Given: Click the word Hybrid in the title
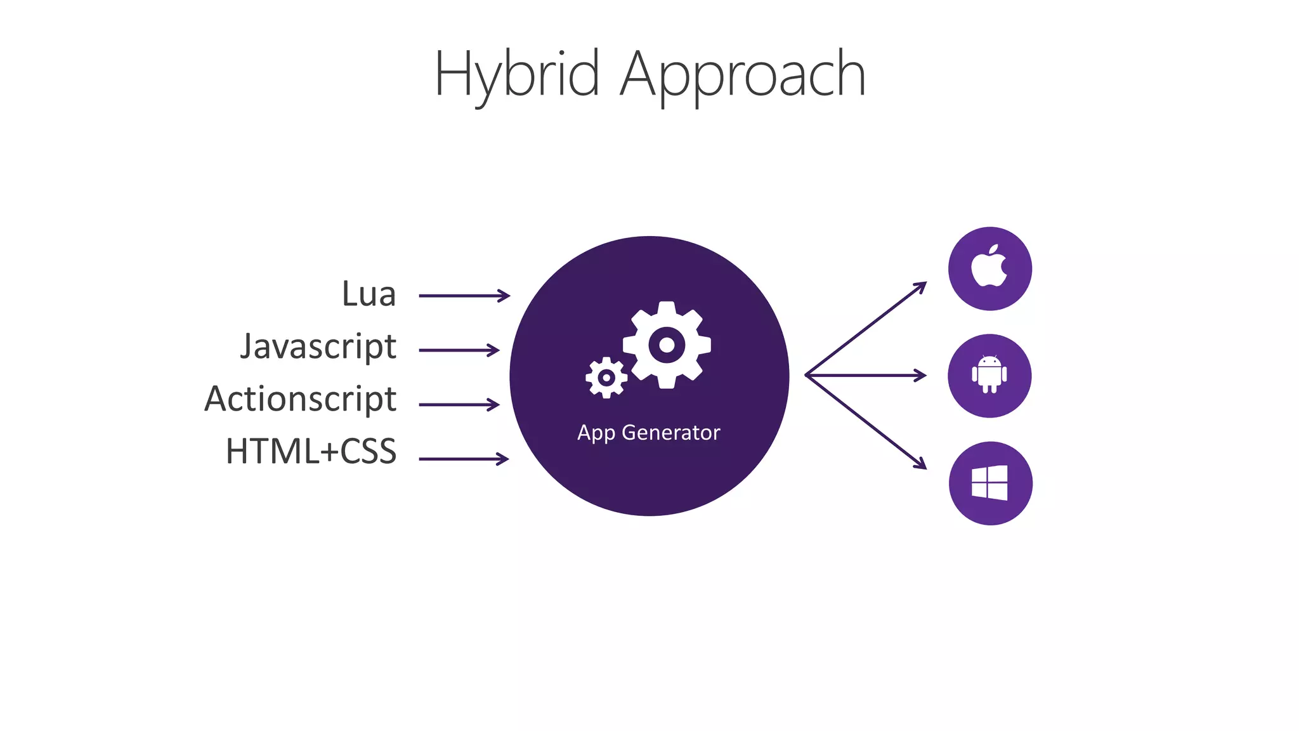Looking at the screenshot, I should click(516, 75).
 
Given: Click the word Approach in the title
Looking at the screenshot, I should click(742, 75).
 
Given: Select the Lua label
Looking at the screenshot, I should click(369, 294).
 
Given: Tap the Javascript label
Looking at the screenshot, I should click(318, 347).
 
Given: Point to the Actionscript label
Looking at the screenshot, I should click(300, 400).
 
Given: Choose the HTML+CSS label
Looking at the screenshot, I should click(311, 452).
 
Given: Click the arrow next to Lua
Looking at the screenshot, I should click(464, 296).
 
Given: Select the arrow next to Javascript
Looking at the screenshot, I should click(459, 350).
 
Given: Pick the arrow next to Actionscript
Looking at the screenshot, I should click(459, 405).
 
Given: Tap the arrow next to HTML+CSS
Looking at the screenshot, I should click(464, 459).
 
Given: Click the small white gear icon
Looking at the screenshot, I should click(606, 378).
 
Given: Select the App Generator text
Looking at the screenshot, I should click(648, 433).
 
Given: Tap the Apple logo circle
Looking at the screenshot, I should click(989, 268).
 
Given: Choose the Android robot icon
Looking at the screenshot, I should click(989, 375).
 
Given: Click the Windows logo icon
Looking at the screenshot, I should click(990, 483).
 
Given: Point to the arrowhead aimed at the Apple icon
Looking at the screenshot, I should click(921, 286).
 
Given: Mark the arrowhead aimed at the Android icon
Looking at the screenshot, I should click(921, 376).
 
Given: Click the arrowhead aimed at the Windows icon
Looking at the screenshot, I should click(921, 464).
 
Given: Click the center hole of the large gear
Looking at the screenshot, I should click(667, 345).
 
